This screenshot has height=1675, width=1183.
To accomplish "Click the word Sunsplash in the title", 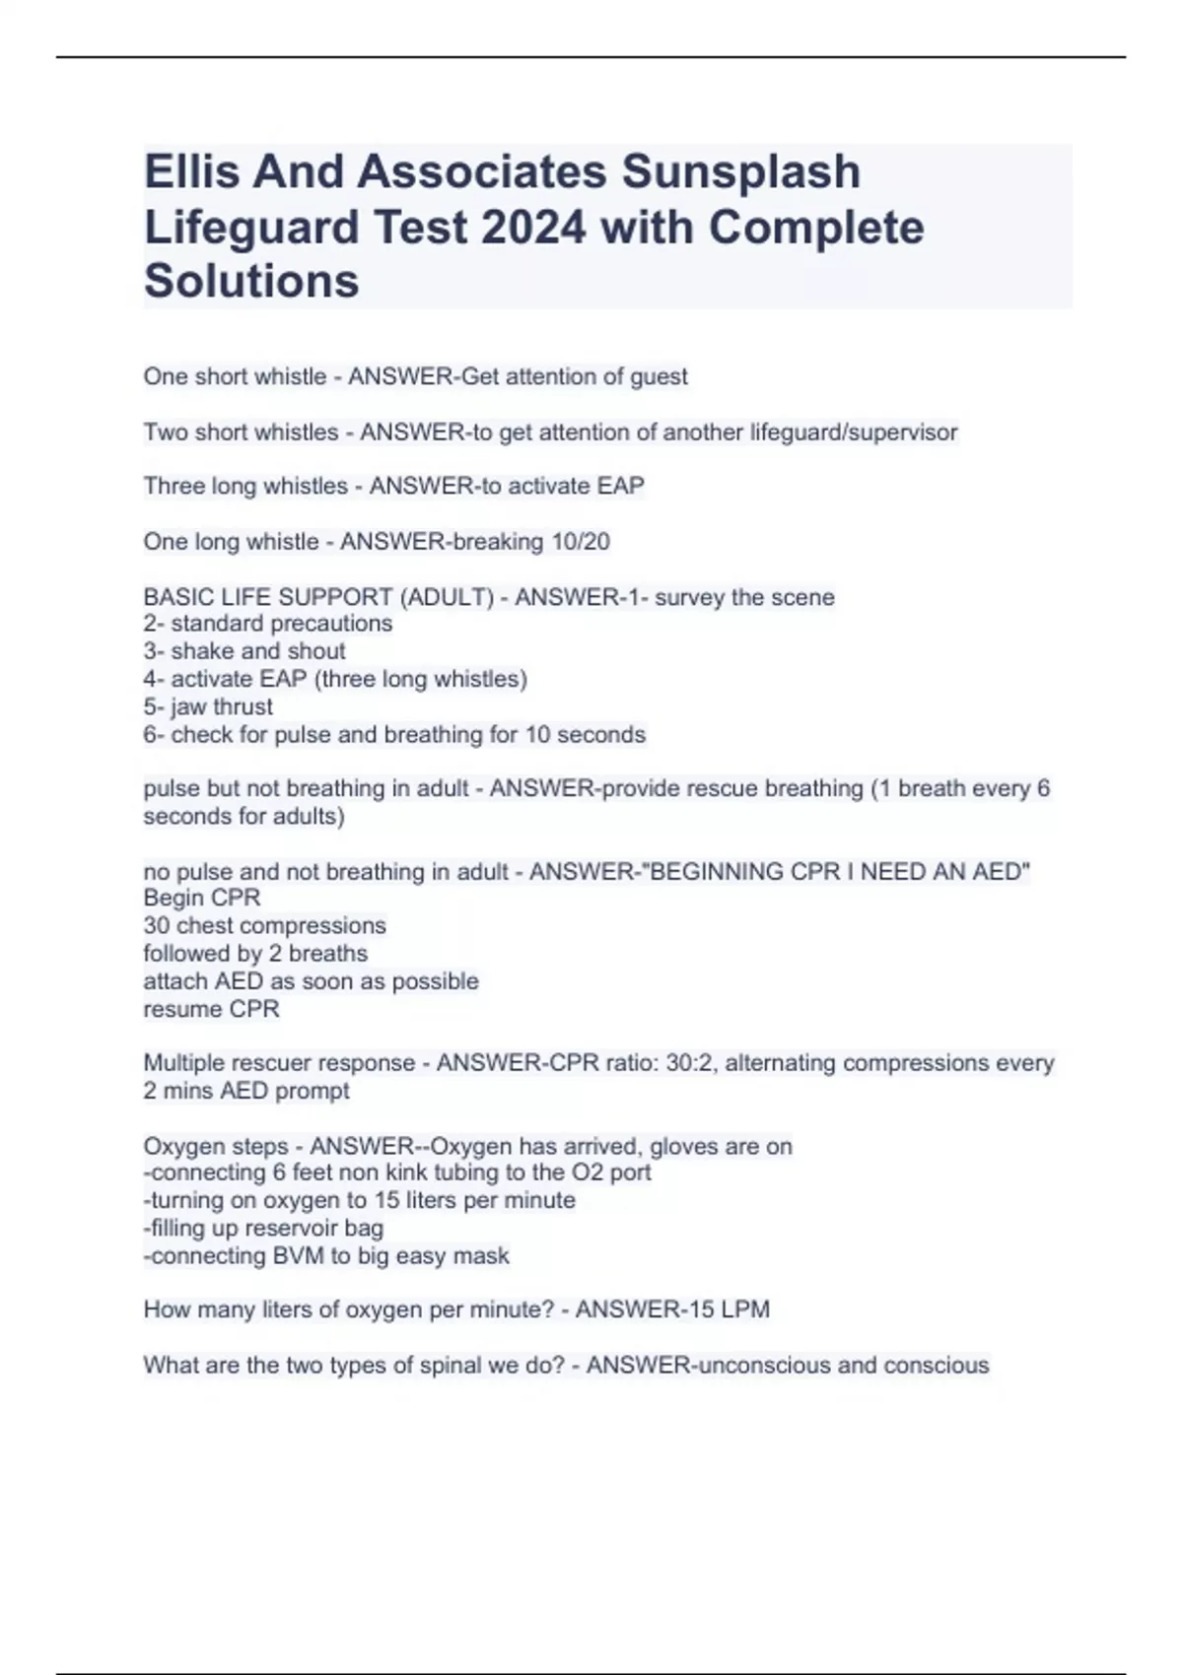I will click(740, 171).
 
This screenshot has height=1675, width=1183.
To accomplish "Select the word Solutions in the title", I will click(251, 281).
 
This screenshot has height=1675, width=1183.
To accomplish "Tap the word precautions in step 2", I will click(331, 624).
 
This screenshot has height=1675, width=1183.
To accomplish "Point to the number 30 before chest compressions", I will click(157, 926).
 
